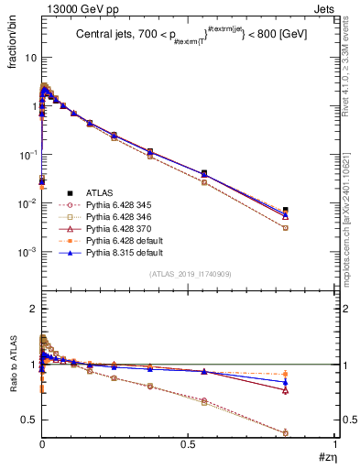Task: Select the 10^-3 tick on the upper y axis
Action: tap(27, 252)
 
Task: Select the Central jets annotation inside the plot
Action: tap(188, 36)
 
